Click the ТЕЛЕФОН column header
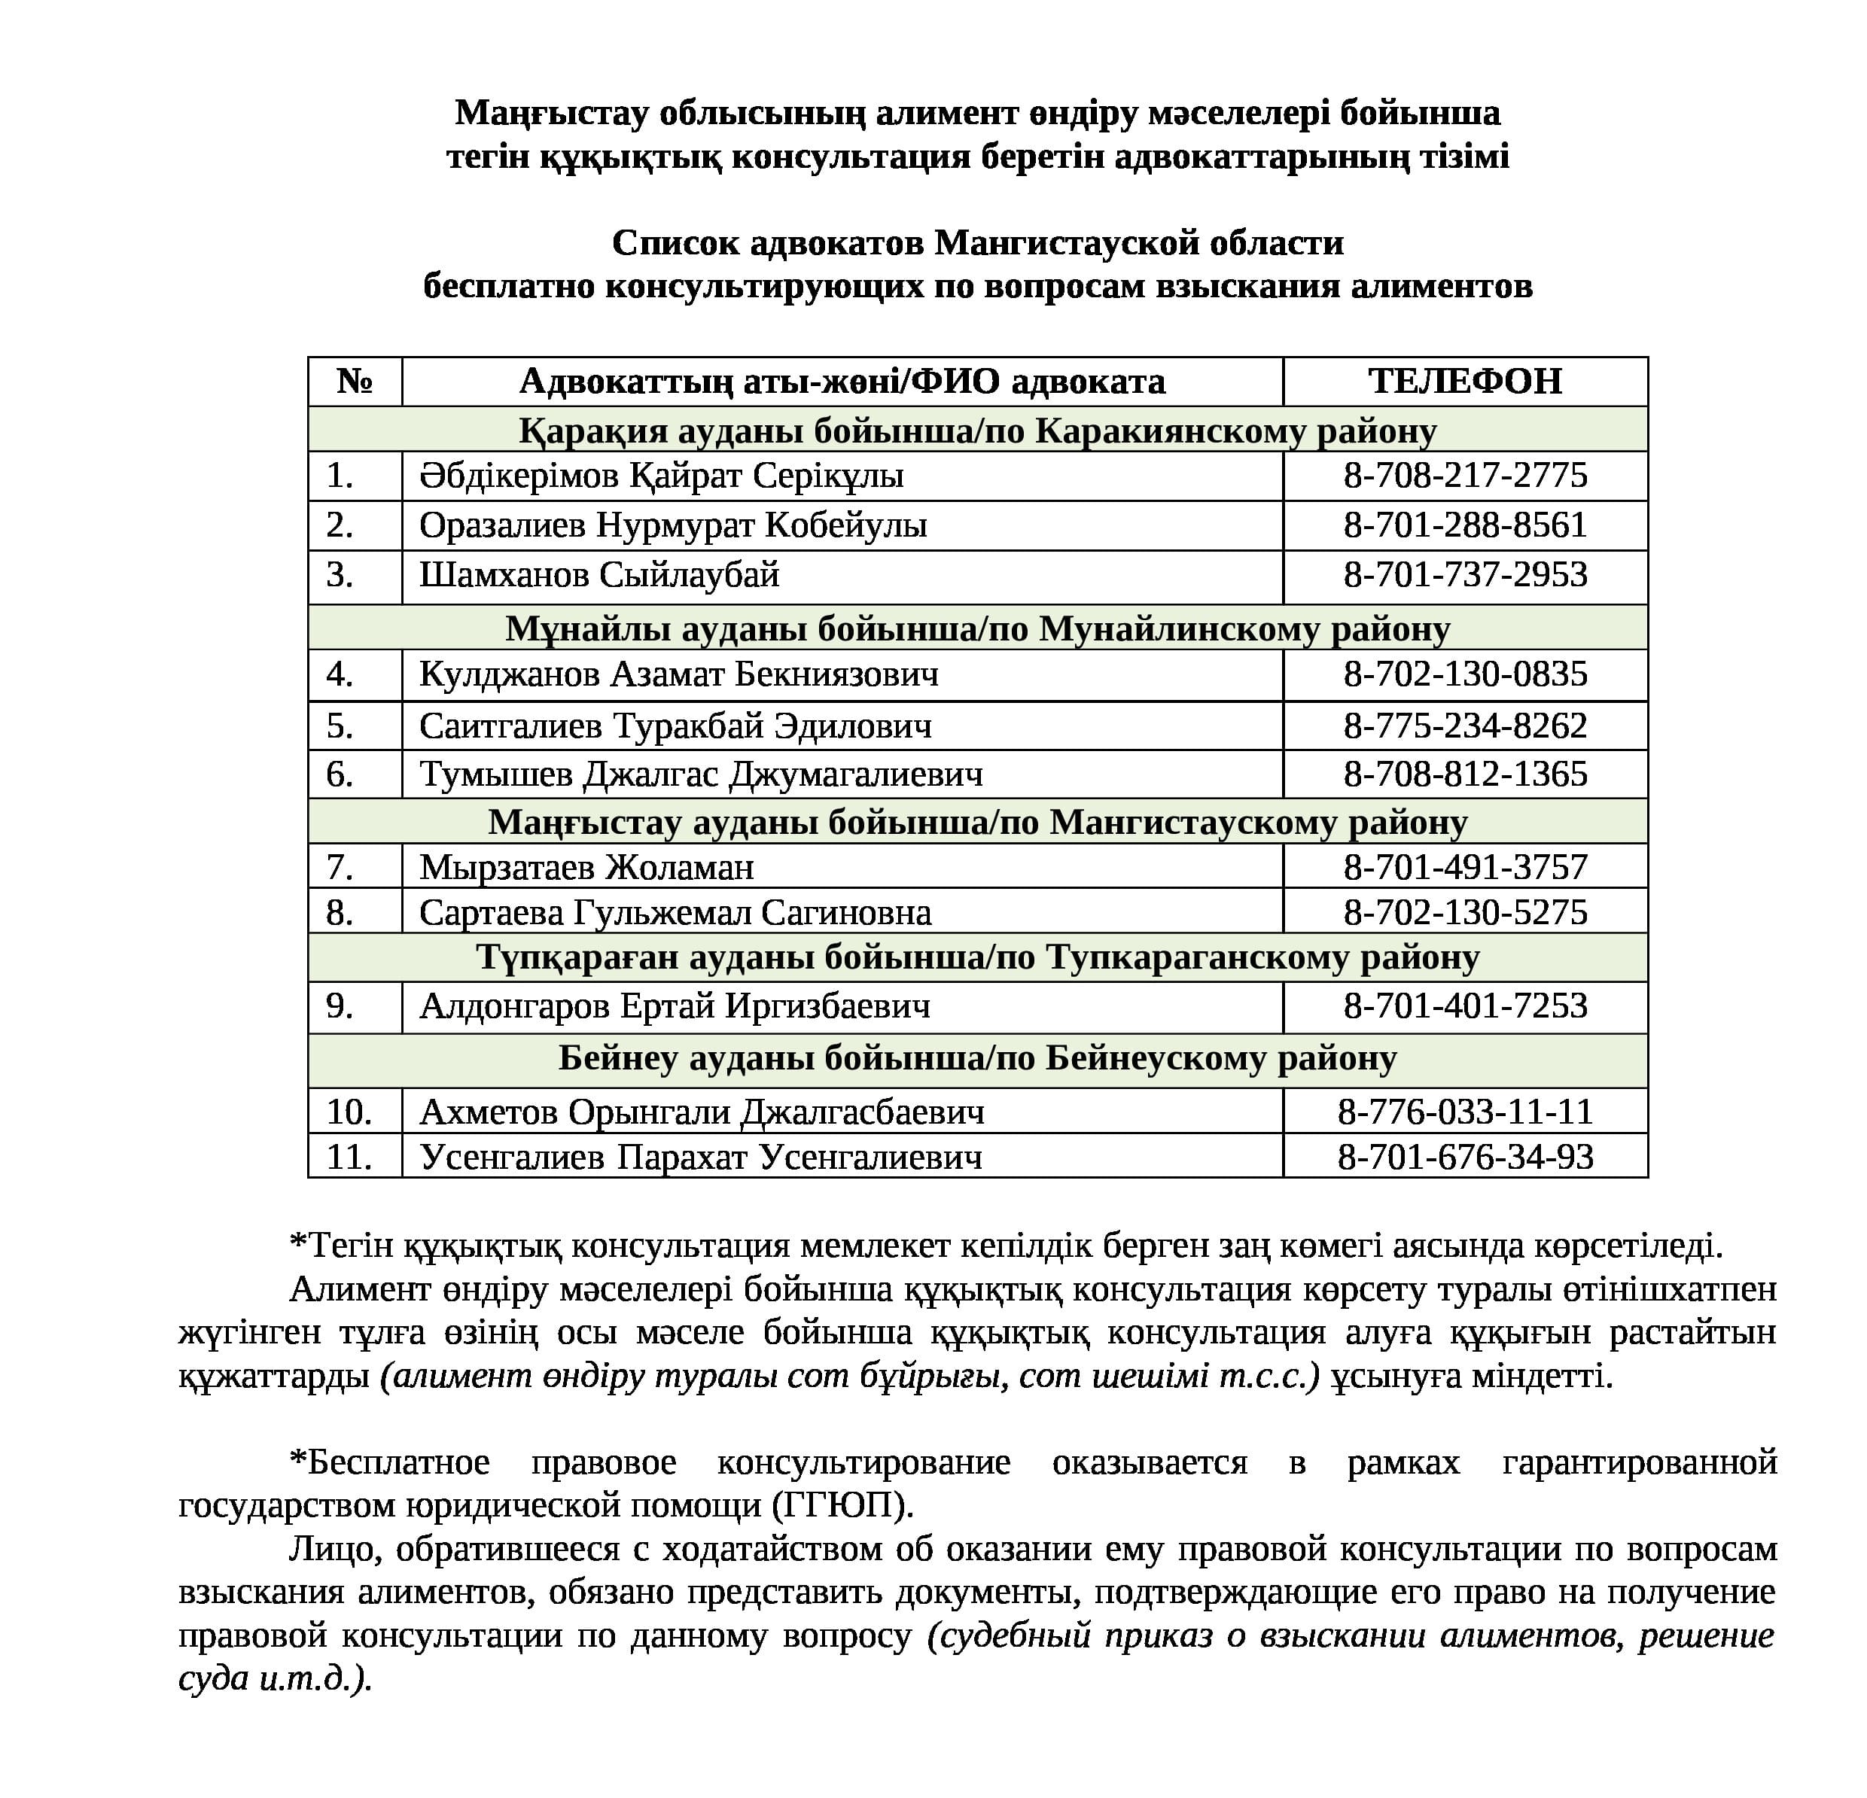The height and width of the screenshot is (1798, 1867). coord(1464,381)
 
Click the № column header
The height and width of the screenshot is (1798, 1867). coord(355,381)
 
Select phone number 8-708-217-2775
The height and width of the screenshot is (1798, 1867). coord(1465,475)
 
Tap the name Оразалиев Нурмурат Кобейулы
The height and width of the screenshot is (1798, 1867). coord(672,525)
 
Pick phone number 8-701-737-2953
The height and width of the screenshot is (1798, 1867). coord(1465,574)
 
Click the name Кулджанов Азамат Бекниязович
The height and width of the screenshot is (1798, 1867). coord(678,674)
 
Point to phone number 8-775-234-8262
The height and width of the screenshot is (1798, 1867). coord(1465,726)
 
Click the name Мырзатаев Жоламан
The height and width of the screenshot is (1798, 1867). coord(586,866)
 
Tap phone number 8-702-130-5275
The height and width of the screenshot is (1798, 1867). coord(1465,912)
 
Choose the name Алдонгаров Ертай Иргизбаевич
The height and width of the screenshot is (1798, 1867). coord(675,1005)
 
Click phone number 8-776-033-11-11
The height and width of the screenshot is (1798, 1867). coord(1465,1112)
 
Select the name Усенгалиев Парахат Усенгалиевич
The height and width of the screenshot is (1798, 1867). coord(700,1157)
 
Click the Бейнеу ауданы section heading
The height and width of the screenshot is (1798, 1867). coord(977,1058)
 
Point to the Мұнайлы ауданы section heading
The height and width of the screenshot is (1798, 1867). coord(977,628)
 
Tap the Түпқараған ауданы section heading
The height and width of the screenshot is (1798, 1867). coord(977,957)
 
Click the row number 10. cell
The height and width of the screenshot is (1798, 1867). coord(349,1112)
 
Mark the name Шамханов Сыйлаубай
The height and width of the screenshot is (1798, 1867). coord(599,574)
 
